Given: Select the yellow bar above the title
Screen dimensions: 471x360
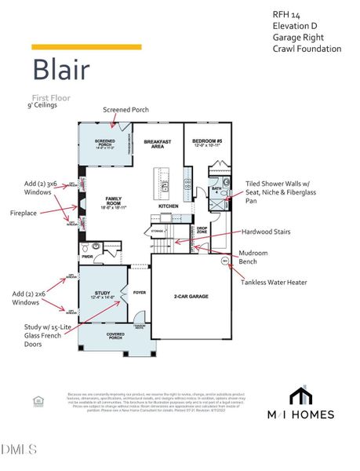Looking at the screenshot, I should point(86,47).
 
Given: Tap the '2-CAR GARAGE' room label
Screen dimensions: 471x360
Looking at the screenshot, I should point(191,297).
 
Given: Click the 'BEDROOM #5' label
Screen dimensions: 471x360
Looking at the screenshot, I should point(207,143).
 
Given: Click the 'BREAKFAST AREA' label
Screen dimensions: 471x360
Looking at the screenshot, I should point(158,144).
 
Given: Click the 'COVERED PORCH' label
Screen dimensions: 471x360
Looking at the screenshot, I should point(115,334).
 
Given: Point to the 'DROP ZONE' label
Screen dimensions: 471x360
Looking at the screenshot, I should point(202,232).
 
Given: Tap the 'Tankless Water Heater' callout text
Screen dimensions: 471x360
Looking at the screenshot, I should point(274,282).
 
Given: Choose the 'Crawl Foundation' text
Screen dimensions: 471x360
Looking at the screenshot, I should point(307,49).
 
